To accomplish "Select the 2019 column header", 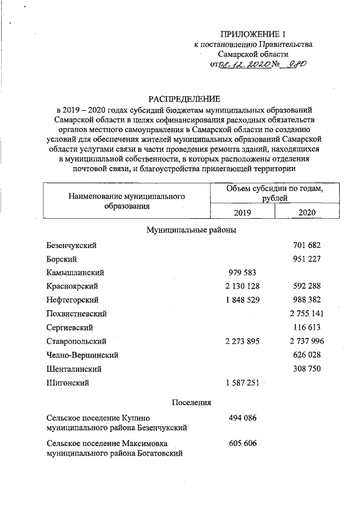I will (x=242, y=212).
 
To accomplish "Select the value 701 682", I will (x=307, y=246).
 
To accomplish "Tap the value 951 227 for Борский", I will (x=307, y=259).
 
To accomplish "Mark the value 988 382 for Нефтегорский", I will (x=307, y=300).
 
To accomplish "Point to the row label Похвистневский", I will (x=77, y=314).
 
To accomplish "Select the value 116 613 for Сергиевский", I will (x=307, y=327).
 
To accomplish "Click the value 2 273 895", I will (x=242, y=341).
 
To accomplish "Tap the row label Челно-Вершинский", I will (x=83, y=355).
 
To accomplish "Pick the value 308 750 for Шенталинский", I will (x=307, y=368).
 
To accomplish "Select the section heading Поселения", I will (x=191, y=403).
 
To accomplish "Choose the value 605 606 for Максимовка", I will (x=242, y=444).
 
